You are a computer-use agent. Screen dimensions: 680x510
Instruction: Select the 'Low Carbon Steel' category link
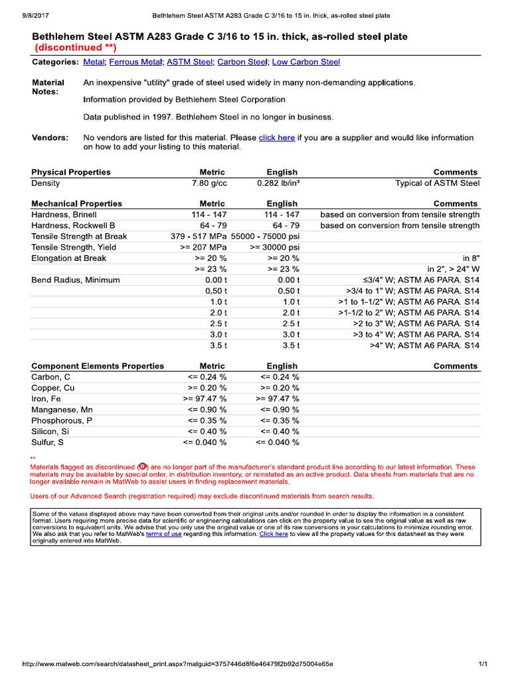coord(306,62)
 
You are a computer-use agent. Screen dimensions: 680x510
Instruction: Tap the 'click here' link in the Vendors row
coord(276,137)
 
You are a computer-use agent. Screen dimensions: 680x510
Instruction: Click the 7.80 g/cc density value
coord(209,183)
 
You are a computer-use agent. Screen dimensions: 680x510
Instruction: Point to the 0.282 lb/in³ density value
coord(278,183)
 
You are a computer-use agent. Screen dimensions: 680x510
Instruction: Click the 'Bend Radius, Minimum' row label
coord(76,280)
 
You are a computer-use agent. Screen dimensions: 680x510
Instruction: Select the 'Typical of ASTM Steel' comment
coord(437,183)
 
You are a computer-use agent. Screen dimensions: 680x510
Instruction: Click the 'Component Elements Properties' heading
coord(98,366)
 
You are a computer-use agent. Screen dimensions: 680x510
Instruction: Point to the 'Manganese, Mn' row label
coord(62,410)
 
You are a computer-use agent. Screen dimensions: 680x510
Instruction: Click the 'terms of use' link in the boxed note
coord(163,534)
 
